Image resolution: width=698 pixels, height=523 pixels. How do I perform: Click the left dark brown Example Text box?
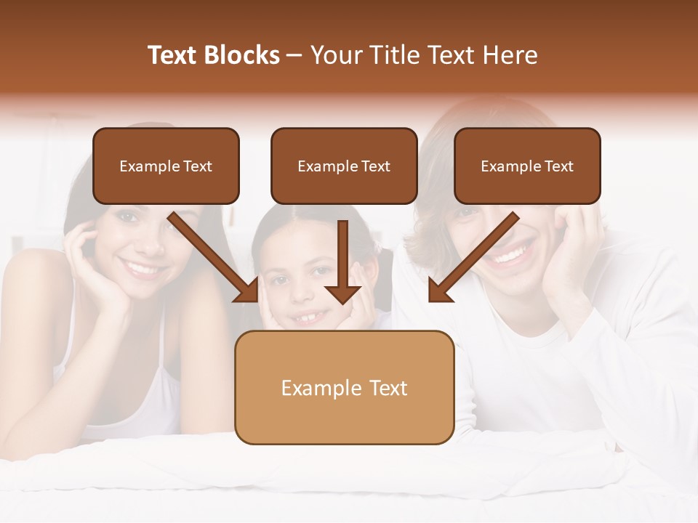point(166,166)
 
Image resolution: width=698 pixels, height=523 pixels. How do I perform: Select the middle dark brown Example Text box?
point(344,166)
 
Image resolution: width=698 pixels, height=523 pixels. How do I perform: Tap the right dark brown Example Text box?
point(527,166)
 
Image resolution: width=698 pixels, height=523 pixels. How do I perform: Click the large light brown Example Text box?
point(344,387)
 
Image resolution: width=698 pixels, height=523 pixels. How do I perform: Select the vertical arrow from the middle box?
point(343,261)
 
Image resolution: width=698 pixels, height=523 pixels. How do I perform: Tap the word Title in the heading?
point(396,55)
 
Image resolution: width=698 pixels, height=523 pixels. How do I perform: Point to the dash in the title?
point(294,55)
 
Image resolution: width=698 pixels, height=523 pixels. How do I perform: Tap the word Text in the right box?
point(558,166)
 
